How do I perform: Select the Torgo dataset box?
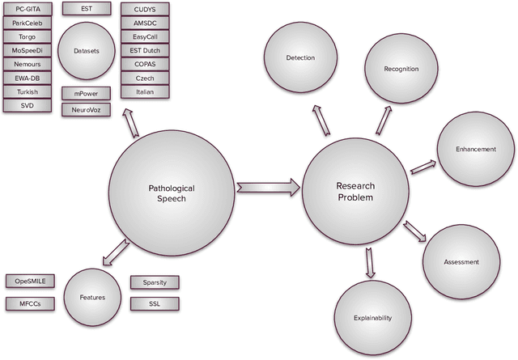pyautogui.click(x=28, y=36)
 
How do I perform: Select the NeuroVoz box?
pyautogui.click(x=86, y=108)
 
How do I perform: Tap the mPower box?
pyautogui.click(x=86, y=93)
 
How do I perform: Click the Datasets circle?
pyautogui.click(x=86, y=50)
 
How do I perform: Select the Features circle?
pyautogui.click(x=91, y=297)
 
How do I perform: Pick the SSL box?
pyautogui.click(x=155, y=304)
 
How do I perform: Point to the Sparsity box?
pyautogui.click(x=155, y=282)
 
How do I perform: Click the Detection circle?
pyautogui.click(x=300, y=58)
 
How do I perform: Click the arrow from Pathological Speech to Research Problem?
pyautogui.click(x=267, y=188)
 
